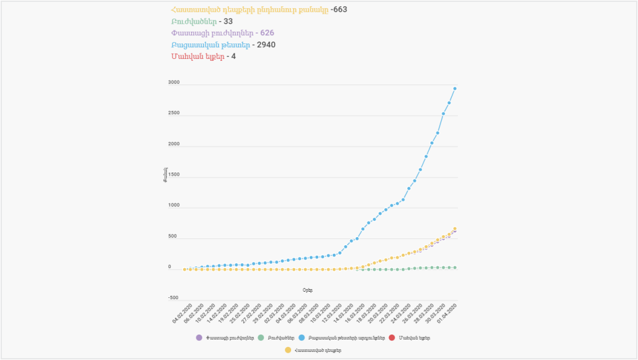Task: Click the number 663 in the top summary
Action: click(x=340, y=9)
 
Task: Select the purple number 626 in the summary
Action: click(x=267, y=33)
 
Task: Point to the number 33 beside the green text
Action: click(x=228, y=21)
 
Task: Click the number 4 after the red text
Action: click(x=233, y=56)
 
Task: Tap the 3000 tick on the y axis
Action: click(x=174, y=83)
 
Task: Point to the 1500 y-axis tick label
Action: click(x=174, y=175)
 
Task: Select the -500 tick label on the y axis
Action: click(x=173, y=298)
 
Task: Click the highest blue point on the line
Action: click(x=455, y=88)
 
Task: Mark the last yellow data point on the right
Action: click(x=455, y=229)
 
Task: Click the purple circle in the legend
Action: click(x=199, y=338)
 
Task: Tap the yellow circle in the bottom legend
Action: click(x=287, y=350)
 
